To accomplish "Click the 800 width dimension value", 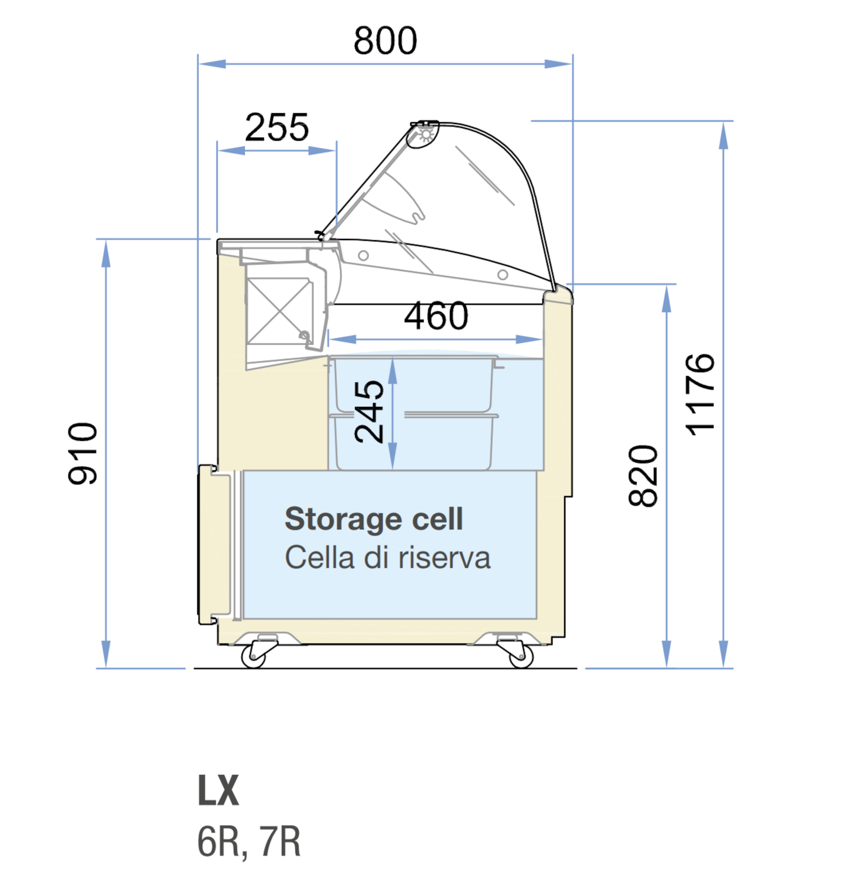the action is pyautogui.click(x=385, y=41).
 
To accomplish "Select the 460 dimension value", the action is pyautogui.click(x=436, y=316).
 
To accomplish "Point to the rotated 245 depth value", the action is pyautogui.click(x=369, y=412).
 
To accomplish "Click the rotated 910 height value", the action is pyautogui.click(x=82, y=453).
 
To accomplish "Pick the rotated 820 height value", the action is pyautogui.click(x=643, y=476).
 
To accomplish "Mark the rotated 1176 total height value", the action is pyautogui.click(x=700, y=395).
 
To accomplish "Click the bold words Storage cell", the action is pyautogui.click(x=374, y=519).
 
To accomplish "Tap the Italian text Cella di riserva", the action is pyautogui.click(x=387, y=558).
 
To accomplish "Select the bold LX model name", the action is pyautogui.click(x=219, y=790).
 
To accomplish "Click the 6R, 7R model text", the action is pyautogui.click(x=249, y=842).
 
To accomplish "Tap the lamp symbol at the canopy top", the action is pyautogui.click(x=426, y=134).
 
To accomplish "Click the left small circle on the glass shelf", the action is pyautogui.click(x=363, y=256).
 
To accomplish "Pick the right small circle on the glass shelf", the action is pyautogui.click(x=503, y=274).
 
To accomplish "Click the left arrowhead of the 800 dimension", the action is pyautogui.click(x=212, y=64).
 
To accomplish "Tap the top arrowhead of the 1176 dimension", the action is pyautogui.click(x=723, y=136).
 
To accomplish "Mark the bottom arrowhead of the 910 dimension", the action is pyautogui.click(x=106, y=654).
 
